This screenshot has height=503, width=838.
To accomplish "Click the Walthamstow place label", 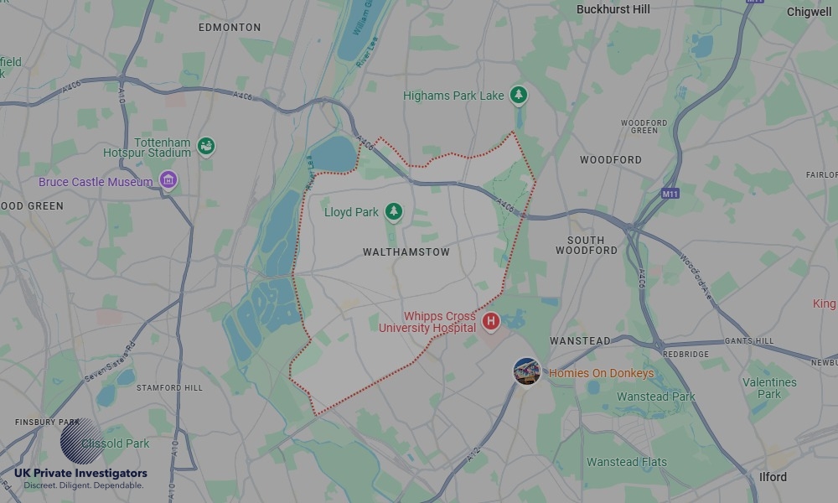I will (x=406, y=251).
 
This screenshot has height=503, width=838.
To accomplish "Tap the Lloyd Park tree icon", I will (x=394, y=212).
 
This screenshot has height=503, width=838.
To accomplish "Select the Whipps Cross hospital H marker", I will (x=491, y=321).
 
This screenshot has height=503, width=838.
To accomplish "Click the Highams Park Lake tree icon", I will (x=520, y=96).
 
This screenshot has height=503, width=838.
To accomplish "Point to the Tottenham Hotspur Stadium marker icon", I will (x=205, y=148).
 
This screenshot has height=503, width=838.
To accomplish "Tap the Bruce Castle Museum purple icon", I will (x=168, y=181).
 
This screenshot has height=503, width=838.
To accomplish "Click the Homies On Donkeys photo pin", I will (x=526, y=371).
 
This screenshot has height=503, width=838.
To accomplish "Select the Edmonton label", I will (x=230, y=28).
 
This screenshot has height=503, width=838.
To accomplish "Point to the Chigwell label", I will (x=809, y=12).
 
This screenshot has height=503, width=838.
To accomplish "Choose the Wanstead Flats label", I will (x=627, y=462).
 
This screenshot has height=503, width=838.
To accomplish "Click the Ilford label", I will (x=773, y=477).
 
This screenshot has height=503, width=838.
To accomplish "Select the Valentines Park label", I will (x=769, y=388).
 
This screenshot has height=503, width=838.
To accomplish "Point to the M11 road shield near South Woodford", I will (x=669, y=194).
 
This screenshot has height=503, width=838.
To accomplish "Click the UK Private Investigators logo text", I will (x=80, y=474).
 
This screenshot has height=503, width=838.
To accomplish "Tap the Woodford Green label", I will (x=644, y=127).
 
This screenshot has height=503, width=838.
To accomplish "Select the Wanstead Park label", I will (x=656, y=397).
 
